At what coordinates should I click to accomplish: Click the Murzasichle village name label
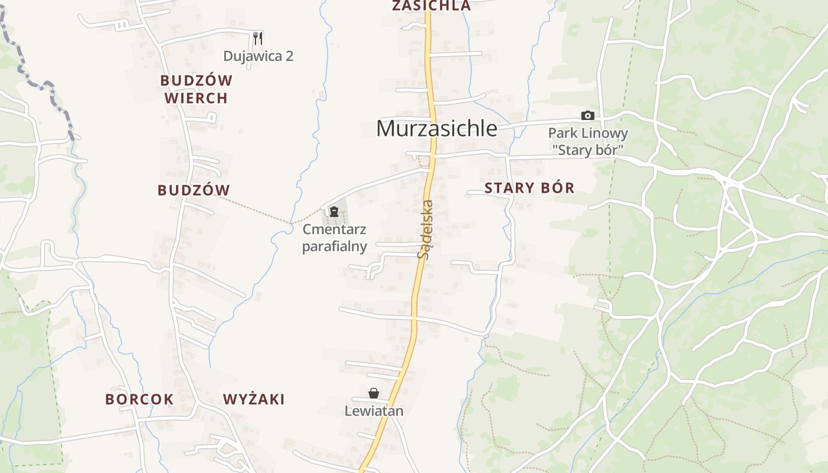(x=436, y=128)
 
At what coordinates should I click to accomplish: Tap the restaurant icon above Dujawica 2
(x=257, y=38)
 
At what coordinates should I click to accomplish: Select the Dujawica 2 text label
(x=258, y=56)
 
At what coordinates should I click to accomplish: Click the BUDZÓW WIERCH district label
(x=196, y=89)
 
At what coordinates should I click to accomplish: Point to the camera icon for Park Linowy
(x=587, y=115)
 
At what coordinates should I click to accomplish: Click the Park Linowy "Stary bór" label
(x=587, y=141)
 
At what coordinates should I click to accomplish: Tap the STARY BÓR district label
(x=529, y=188)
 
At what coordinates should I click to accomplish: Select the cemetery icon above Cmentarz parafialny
(x=334, y=211)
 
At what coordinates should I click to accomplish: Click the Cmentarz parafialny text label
(x=334, y=238)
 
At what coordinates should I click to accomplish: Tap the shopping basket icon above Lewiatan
(x=374, y=393)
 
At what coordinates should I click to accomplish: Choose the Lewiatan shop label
(x=374, y=411)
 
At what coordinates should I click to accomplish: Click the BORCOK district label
(x=140, y=399)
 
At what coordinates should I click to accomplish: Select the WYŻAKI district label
(x=254, y=399)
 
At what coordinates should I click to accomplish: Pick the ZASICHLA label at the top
(x=431, y=6)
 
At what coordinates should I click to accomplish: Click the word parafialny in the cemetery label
(x=334, y=246)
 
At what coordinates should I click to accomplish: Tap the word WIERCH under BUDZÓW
(x=196, y=98)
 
